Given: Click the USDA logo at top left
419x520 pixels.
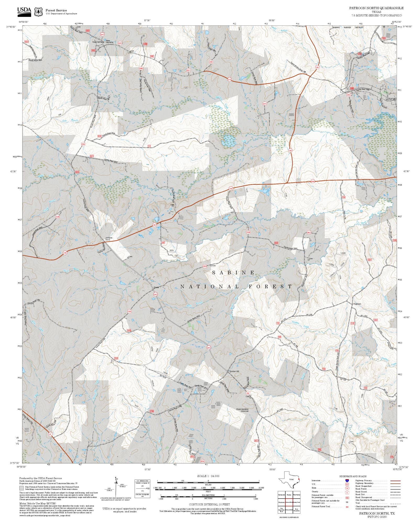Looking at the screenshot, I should pos(24,12).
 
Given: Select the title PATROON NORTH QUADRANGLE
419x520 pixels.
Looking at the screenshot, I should pos(376,8).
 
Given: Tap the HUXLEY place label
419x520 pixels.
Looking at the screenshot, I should pos(391,100).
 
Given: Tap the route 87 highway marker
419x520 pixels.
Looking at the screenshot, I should pos(50,434).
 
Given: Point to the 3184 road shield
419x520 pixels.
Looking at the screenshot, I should pos(312,181).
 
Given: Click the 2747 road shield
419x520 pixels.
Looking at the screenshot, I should pos(229,79).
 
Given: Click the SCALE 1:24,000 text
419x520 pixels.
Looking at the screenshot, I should pos(208,476).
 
